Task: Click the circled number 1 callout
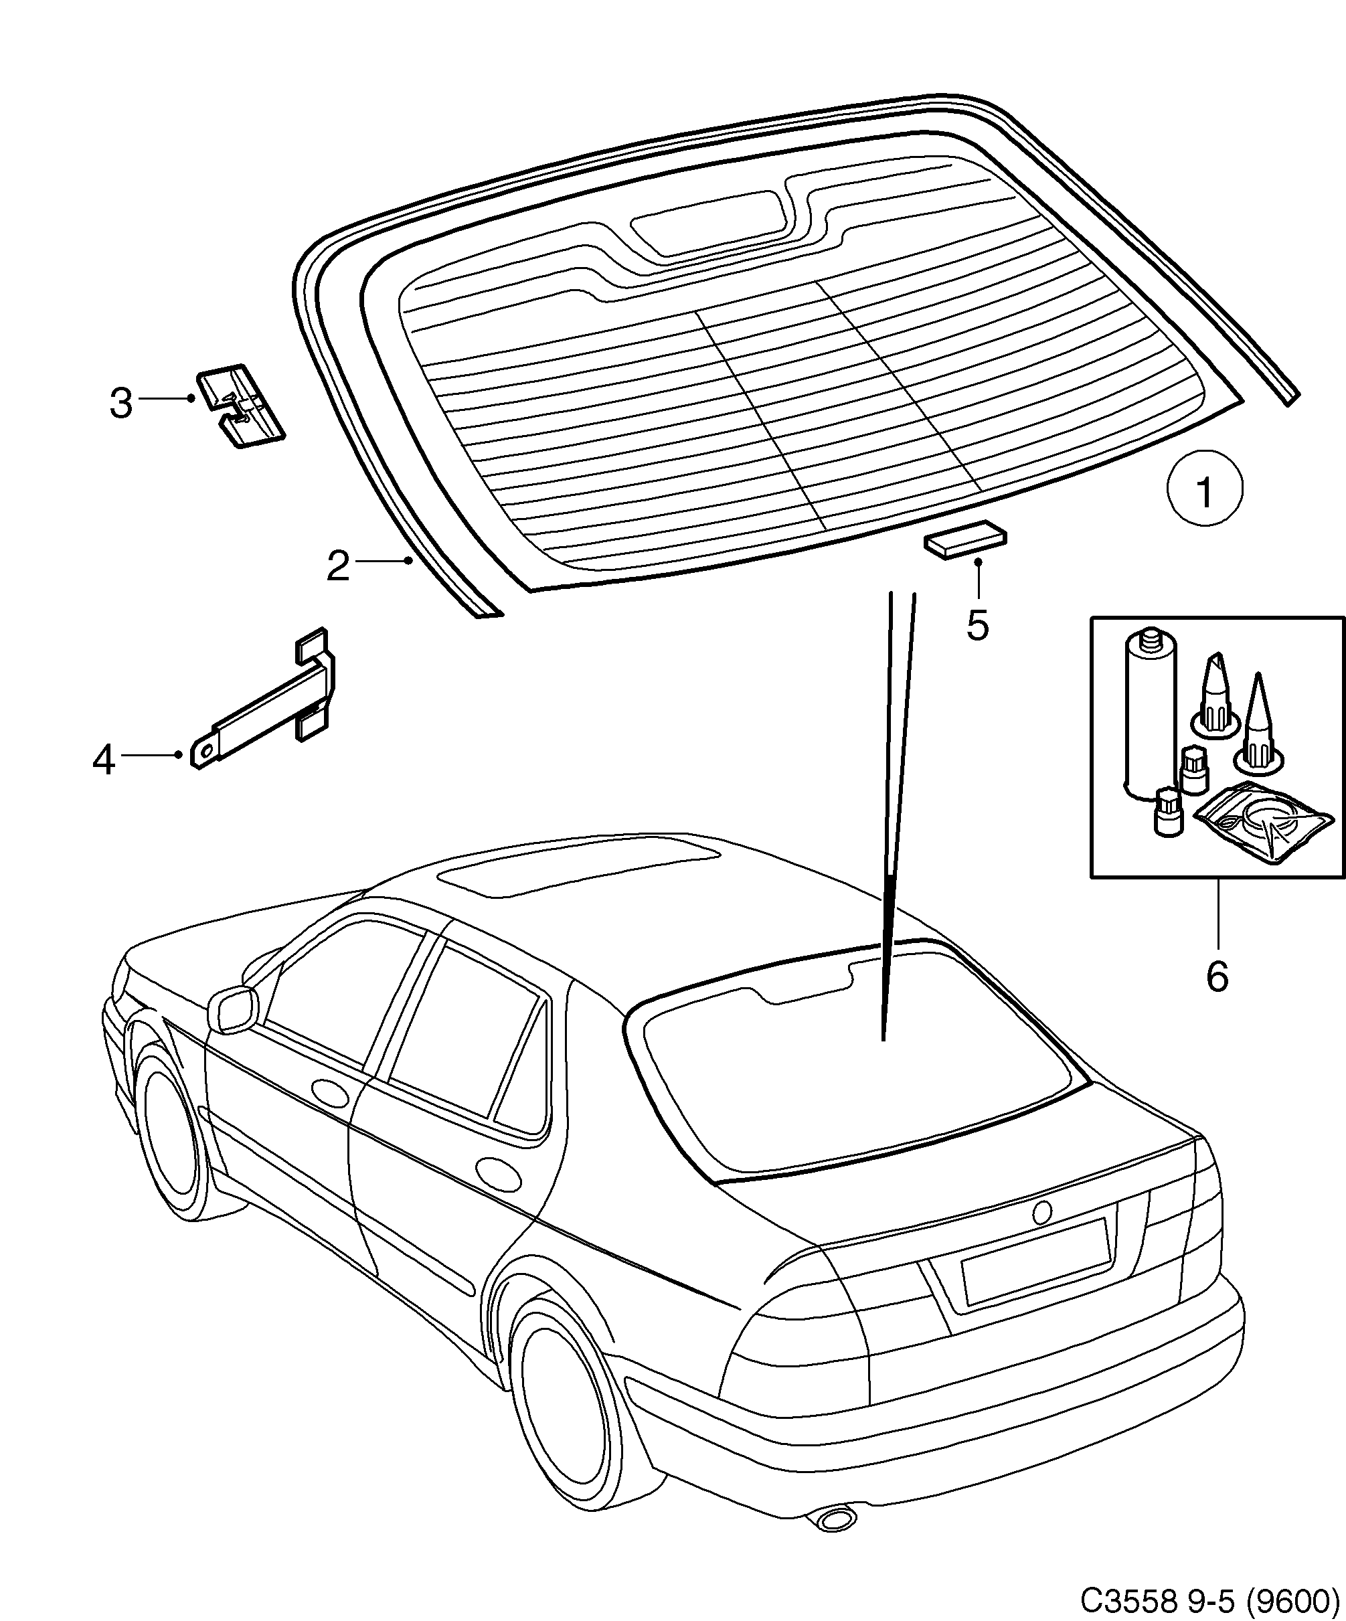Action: tap(1204, 489)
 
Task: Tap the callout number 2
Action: tap(338, 567)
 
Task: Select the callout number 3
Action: tap(121, 403)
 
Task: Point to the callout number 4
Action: tap(104, 760)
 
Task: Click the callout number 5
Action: tap(977, 625)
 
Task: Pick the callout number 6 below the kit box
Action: tap(1217, 976)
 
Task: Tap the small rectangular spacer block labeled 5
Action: tap(966, 540)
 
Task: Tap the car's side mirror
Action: tap(232, 1008)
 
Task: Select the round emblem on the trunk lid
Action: tap(1042, 1212)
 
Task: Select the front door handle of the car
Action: tap(331, 1091)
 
